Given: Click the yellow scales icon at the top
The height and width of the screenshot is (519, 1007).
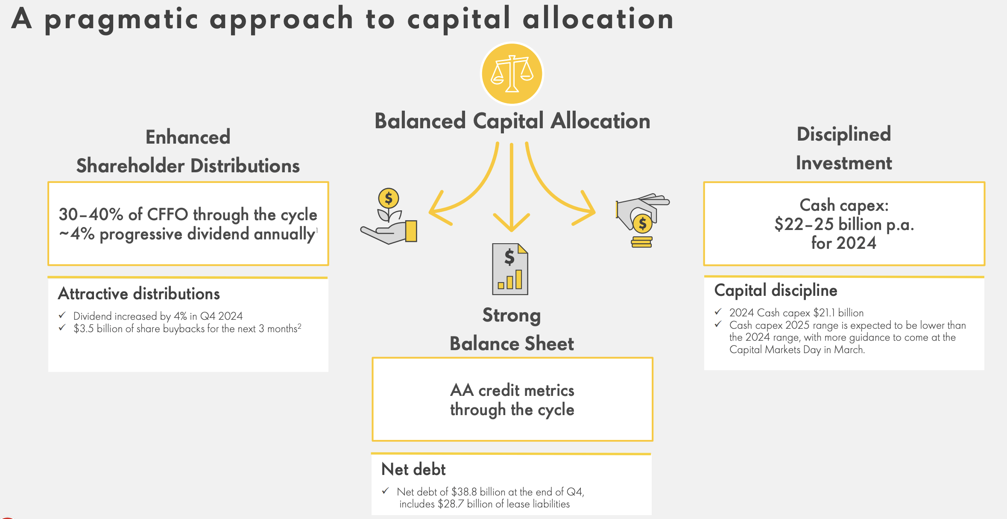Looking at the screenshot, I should [512, 74].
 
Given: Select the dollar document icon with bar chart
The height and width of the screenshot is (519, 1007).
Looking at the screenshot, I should [510, 269].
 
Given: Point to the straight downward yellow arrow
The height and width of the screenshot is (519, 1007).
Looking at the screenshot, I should [512, 188].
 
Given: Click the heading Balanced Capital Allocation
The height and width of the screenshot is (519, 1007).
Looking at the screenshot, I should [512, 121].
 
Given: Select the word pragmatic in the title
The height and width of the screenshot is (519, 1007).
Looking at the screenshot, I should [121, 20].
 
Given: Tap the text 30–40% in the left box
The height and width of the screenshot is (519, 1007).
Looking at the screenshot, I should [91, 215].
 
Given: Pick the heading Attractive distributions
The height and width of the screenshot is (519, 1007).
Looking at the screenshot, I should [139, 294].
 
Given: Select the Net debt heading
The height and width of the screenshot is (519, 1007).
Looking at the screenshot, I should [413, 469].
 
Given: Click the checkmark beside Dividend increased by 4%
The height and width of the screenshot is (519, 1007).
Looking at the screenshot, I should [62, 316].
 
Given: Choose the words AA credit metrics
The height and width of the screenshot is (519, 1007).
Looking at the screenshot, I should [512, 390].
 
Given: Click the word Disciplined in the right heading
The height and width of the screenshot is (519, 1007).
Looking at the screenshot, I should [843, 134].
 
